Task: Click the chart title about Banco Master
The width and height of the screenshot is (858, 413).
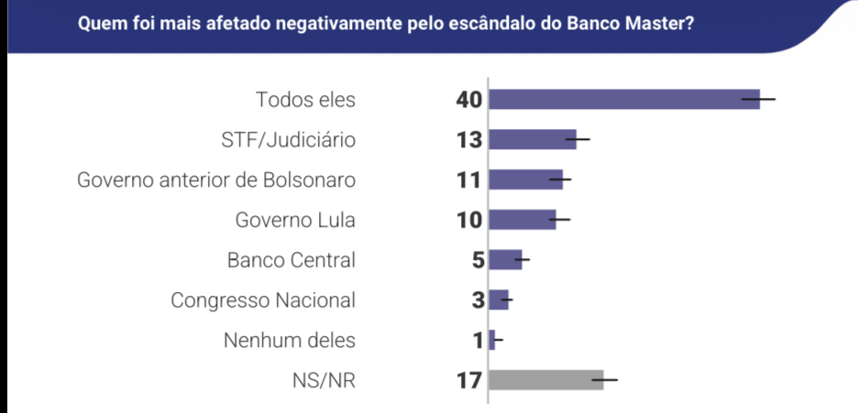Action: click(x=385, y=23)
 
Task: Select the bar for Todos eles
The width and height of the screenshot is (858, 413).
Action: click(x=623, y=99)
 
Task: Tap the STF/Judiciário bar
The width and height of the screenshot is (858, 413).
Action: click(x=532, y=139)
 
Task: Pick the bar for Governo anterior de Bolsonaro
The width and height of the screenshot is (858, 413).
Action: click(x=524, y=179)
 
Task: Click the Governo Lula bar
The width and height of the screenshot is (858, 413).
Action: click(x=522, y=220)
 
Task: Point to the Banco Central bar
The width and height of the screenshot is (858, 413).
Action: click(x=504, y=259)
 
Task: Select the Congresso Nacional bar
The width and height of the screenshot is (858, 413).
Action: click(x=498, y=299)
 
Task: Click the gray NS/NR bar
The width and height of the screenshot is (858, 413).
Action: click(x=545, y=379)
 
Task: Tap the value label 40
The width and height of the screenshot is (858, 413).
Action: click(x=468, y=99)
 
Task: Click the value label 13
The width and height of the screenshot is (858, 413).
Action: click(x=468, y=139)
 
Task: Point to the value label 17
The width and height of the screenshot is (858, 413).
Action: click(x=468, y=379)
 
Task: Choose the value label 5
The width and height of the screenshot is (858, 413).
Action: click(x=477, y=259)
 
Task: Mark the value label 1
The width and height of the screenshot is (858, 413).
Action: click(x=478, y=340)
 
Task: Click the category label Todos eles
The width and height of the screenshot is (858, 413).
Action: click(x=305, y=99)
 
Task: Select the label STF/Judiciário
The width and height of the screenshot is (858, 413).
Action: click(x=288, y=139)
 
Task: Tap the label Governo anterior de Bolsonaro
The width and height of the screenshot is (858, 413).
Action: click(x=216, y=179)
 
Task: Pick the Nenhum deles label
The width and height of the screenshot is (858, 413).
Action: click(x=290, y=340)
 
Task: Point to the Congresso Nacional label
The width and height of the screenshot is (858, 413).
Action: click(x=263, y=299)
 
